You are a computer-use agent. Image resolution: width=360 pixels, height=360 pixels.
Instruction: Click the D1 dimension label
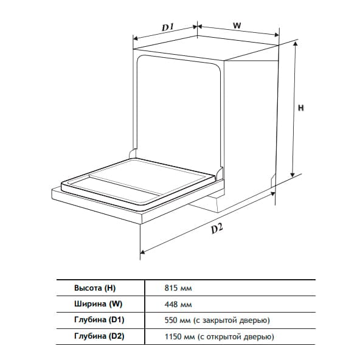pos(168,27)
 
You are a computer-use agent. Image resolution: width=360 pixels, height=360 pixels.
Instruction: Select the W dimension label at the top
pos(237,26)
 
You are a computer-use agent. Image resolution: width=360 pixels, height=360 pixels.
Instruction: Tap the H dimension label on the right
pos(301,108)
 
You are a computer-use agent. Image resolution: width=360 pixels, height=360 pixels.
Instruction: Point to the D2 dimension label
pos(217,229)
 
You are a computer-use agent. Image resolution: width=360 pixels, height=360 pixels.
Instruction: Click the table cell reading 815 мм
pos(178,288)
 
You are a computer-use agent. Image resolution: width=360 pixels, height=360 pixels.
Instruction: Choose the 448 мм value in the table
pos(178,305)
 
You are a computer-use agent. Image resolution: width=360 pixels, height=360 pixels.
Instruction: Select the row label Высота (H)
pos(95,288)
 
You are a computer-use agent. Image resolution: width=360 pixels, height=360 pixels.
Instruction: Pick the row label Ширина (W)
pos(98,304)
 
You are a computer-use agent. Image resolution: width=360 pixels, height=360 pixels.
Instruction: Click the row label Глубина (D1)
pos(99,320)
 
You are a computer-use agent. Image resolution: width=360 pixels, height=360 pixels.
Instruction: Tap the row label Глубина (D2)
pos(99,336)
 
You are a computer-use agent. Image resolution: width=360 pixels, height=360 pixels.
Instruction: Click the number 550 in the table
pos(171,320)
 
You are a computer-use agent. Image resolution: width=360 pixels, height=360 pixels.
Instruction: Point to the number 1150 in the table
pos(173,336)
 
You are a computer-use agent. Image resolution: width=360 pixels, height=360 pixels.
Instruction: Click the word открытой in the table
pos(223,337)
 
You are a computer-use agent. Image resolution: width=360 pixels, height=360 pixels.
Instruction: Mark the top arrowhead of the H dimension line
pos(296,43)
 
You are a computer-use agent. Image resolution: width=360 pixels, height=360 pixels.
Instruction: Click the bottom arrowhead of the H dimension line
pos(292,175)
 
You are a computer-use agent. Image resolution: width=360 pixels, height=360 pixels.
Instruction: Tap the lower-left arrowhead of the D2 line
pos(142,252)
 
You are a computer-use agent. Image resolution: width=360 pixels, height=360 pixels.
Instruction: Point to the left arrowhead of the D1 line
pos(136,38)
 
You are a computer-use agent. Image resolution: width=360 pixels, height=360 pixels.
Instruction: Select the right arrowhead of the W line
pos(277,35)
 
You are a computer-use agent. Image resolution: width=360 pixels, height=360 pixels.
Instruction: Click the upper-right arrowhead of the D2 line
pos(273,194)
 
